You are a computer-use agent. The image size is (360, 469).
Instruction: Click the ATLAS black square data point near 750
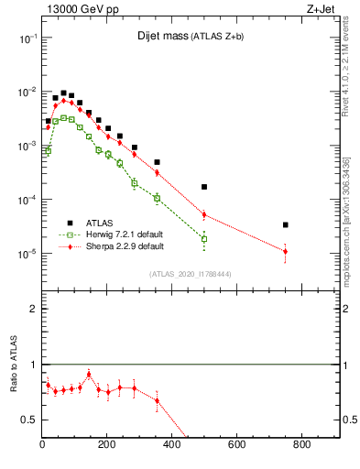coord(286,224)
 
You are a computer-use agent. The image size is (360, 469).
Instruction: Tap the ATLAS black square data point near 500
coord(204,187)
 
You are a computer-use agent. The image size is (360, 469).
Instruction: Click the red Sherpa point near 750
coord(286,251)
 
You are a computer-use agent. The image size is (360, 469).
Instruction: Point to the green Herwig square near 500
coord(204,239)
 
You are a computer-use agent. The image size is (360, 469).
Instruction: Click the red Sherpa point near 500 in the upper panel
coord(204,214)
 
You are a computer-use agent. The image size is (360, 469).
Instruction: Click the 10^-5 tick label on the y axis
coord(27,254)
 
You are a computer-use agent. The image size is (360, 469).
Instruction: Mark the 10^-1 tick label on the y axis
coord(27,39)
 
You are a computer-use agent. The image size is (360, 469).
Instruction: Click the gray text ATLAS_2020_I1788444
coord(191,273)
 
